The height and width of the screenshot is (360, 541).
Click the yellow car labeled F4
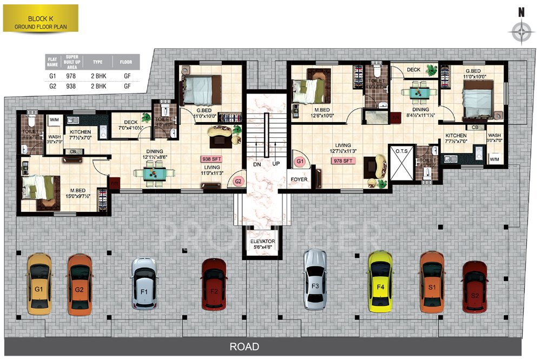380,281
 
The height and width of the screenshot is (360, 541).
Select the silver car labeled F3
315,279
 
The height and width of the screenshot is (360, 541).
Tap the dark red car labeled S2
474,286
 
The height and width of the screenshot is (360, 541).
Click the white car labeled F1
144,283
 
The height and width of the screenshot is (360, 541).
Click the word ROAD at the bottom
244,346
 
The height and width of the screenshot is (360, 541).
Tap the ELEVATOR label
263,241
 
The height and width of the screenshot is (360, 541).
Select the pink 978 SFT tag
344,161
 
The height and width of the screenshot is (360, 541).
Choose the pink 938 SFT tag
212,159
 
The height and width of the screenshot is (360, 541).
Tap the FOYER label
299,179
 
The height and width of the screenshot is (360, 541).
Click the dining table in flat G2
152,174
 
